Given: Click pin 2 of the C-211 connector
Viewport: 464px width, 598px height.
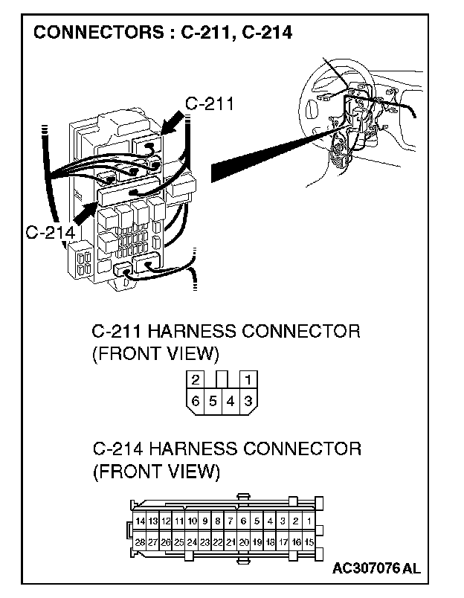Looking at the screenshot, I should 195,379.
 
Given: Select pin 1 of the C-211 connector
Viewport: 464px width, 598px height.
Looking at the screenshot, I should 248,379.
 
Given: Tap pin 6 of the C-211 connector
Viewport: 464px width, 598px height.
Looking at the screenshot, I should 195,401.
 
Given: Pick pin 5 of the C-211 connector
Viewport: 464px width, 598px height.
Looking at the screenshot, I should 213,401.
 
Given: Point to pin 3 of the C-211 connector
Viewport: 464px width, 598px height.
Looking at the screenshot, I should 248,401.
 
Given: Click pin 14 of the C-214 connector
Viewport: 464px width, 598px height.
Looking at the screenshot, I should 140,521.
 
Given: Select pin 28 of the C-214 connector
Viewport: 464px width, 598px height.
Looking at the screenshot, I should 140,542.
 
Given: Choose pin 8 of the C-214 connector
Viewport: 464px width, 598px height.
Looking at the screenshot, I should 218,521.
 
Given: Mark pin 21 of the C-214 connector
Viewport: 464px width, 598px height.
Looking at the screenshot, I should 231,542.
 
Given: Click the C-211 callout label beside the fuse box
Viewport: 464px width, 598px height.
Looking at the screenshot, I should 209,104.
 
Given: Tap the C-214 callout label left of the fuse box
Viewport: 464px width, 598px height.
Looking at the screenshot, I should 50,233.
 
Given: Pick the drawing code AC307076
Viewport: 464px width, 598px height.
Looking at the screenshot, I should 367,569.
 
